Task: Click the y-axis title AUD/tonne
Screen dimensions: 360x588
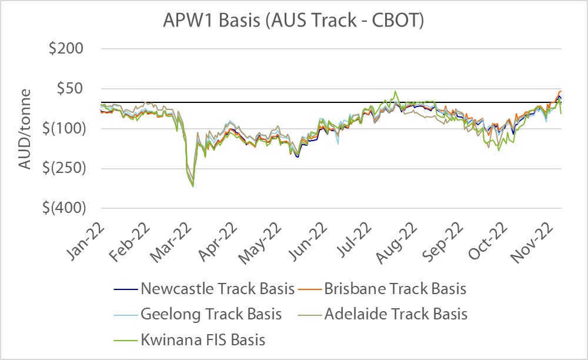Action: pos(25,128)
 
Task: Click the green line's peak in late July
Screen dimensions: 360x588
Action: pos(395,91)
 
